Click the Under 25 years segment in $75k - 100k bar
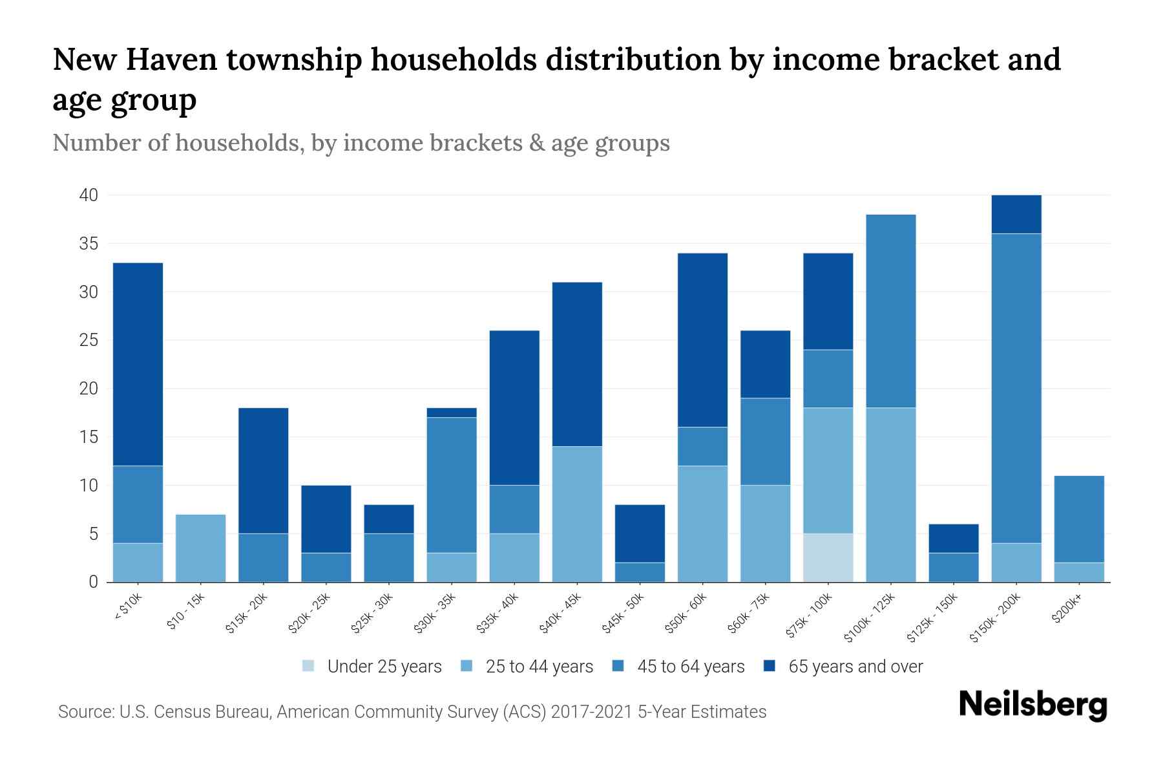[828, 557]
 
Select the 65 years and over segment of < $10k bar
[138, 364]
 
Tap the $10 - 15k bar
[200, 548]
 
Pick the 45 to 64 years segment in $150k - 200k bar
[1016, 388]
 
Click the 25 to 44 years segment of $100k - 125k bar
[890, 495]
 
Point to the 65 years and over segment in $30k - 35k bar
[452, 413]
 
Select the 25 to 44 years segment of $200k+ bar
[1079, 572]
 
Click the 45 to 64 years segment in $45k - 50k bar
[640, 572]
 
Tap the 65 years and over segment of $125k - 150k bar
[954, 538]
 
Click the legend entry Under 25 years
[384, 667]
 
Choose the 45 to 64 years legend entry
[690, 667]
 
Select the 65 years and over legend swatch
[770, 666]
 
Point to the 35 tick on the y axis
[89, 244]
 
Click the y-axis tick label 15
[89, 437]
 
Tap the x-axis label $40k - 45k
[561, 614]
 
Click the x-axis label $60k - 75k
[749, 614]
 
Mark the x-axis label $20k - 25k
[309, 614]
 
